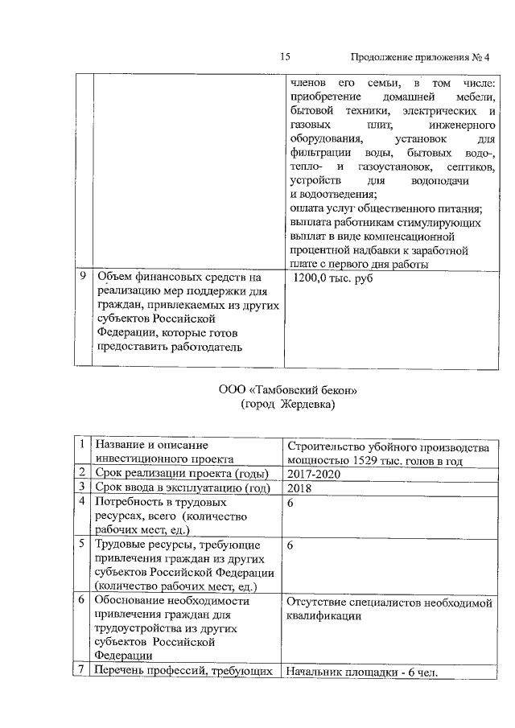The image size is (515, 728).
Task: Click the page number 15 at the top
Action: click(x=285, y=56)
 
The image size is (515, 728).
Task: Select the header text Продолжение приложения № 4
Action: click(x=421, y=56)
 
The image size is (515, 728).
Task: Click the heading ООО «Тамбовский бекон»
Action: click(x=287, y=390)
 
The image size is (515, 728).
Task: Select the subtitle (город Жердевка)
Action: click(x=287, y=405)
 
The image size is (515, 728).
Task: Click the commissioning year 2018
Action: click(x=299, y=487)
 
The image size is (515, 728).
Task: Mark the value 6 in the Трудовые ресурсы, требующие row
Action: click(x=290, y=545)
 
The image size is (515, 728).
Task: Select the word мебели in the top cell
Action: click(x=478, y=97)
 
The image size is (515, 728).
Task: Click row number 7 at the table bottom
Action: click(x=83, y=672)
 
